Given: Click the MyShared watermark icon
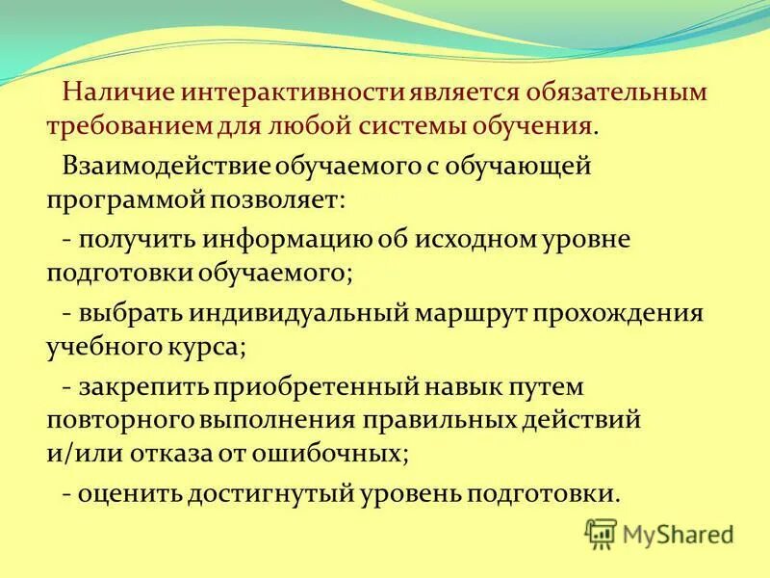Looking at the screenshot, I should (x=601, y=532).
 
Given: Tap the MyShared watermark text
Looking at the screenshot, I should (x=678, y=534).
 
